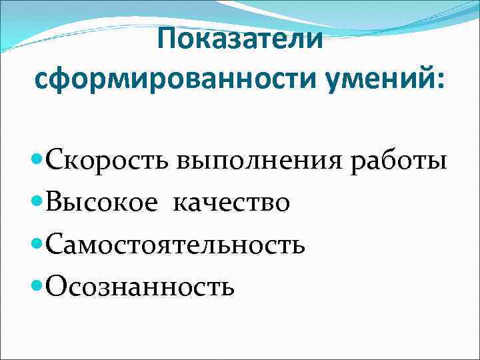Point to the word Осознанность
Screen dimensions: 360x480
coord(140,287)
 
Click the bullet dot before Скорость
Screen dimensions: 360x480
coord(38,161)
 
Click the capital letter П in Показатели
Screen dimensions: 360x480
coord(168,41)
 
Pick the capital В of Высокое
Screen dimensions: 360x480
coord(56,203)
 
